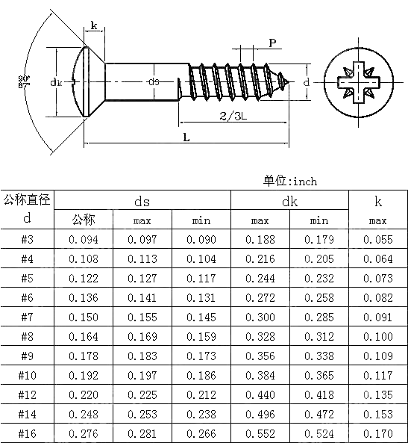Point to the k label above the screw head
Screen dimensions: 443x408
click(x=94, y=25)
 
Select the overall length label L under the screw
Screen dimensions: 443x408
click(x=186, y=137)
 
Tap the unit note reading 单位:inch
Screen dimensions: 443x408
click(x=289, y=181)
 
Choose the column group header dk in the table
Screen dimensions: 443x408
click(x=289, y=201)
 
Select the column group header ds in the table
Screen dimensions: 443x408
click(x=142, y=201)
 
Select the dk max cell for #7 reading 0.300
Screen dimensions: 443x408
click(x=260, y=317)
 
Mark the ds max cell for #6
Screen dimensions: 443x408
click(x=142, y=298)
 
